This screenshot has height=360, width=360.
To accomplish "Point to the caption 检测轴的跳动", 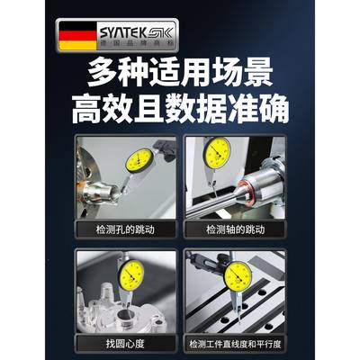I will pyautogui.click(x=233, y=229).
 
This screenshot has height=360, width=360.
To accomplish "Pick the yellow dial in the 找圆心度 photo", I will pyautogui.click(x=132, y=271).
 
